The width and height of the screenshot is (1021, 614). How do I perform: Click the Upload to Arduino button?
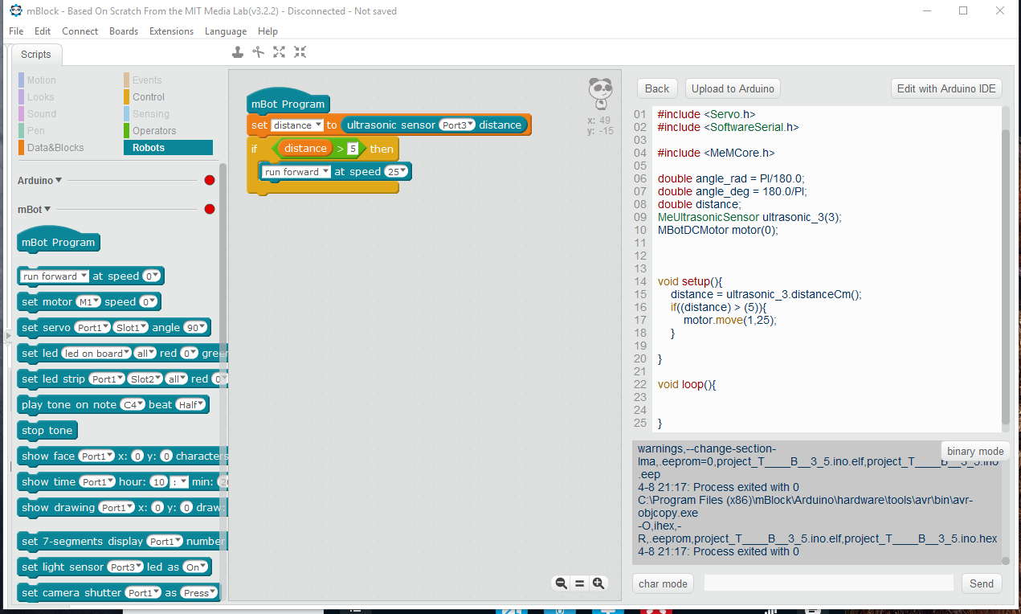(733, 88)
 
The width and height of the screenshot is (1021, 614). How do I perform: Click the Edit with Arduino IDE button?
(946, 88)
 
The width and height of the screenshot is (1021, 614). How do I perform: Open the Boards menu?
(124, 31)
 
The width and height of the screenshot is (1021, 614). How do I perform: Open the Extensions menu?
(171, 31)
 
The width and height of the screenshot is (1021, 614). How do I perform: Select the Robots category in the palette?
(168, 147)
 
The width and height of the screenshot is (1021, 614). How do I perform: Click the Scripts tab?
(36, 55)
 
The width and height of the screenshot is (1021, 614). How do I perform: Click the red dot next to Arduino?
(209, 180)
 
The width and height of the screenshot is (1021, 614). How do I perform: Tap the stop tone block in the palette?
(47, 430)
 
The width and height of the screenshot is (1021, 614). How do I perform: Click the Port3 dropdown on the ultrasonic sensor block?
(457, 125)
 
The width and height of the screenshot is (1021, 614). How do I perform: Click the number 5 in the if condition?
(353, 149)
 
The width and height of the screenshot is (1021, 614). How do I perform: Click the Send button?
(982, 583)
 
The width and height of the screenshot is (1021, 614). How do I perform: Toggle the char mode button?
(663, 583)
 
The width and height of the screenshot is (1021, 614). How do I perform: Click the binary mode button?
(975, 451)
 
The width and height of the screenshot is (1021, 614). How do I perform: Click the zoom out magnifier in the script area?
(561, 583)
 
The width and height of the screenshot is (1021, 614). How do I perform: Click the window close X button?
(1000, 10)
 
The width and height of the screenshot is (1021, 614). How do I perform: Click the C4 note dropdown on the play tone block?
(133, 404)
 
